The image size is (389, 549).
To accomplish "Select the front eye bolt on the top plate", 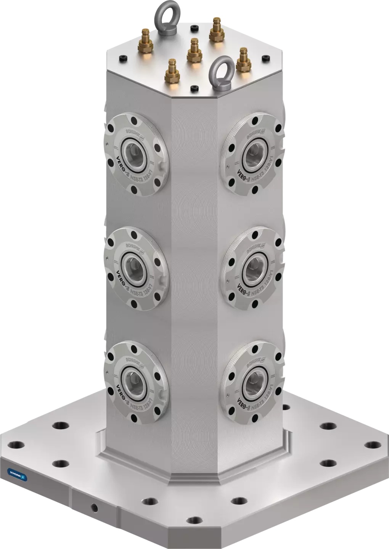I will [x=223, y=72].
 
